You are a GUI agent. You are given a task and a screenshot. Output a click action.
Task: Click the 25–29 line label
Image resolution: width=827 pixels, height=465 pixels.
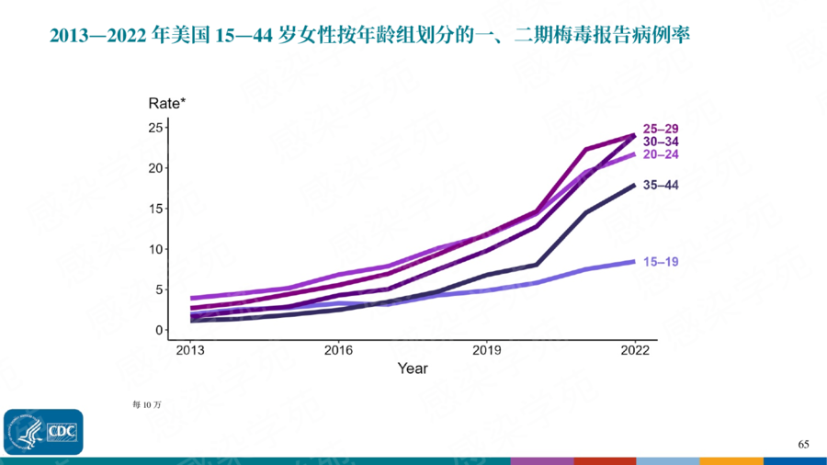pyautogui.click(x=660, y=129)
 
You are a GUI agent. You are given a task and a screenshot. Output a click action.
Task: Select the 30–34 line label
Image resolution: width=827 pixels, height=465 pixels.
pyautogui.click(x=660, y=142)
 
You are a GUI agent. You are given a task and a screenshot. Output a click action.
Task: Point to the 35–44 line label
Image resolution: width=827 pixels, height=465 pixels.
pyautogui.click(x=660, y=186)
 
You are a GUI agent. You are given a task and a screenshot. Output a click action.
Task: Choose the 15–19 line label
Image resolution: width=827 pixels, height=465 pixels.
pyautogui.click(x=660, y=262)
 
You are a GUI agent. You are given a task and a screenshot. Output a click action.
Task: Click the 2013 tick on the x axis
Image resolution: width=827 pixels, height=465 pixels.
pyautogui.click(x=190, y=350)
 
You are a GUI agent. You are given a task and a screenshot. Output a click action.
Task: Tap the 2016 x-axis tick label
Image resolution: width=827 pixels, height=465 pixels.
pyautogui.click(x=338, y=350)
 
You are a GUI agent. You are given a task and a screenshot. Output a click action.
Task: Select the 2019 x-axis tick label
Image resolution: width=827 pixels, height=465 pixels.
pyautogui.click(x=487, y=350)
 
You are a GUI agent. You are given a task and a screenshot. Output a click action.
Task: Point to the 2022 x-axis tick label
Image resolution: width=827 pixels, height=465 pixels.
pyautogui.click(x=635, y=350)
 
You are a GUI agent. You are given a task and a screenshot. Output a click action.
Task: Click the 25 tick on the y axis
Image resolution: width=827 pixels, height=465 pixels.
pyautogui.click(x=154, y=127)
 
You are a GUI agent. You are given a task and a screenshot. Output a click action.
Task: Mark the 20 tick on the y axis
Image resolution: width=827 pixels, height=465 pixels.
pyautogui.click(x=154, y=168)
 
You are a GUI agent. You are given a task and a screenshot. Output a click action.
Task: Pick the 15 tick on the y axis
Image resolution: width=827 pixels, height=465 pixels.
pyautogui.click(x=154, y=209)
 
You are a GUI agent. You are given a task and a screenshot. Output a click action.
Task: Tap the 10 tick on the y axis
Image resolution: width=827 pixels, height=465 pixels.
pyautogui.click(x=154, y=249)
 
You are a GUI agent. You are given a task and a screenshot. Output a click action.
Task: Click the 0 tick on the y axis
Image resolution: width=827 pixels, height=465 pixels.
pyautogui.click(x=158, y=330)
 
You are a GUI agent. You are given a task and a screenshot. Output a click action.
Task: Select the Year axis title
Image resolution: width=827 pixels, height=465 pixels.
pyautogui.click(x=413, y=369)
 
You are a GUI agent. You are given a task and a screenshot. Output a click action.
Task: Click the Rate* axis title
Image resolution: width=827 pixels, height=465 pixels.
pyautogui.click(x=167, y=103)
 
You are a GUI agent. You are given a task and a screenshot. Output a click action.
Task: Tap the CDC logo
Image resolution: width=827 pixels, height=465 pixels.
pyautogui.click(x=43, y=431)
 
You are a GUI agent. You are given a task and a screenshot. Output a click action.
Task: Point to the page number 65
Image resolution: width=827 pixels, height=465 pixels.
pyautogui.click(x=803, y=445)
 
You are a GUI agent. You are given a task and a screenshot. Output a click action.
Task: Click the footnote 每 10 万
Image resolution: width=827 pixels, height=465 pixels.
pyautogui.click(x=147, y=403)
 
